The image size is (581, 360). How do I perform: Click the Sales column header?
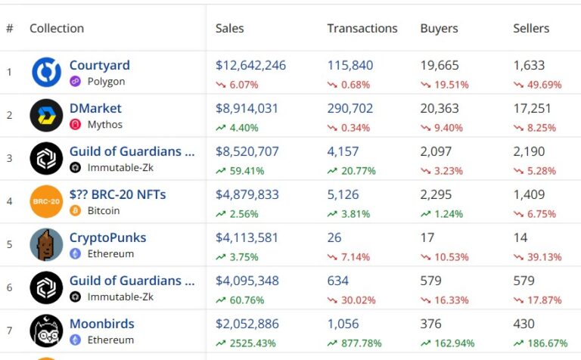coord(229,28)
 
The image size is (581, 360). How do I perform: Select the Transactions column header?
coord(362,28)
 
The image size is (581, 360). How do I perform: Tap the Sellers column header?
coord(531,28)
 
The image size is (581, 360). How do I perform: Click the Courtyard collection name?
coord(99,65)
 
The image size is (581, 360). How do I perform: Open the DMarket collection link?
coord(95,108)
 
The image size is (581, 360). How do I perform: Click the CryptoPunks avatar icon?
coord(46,244)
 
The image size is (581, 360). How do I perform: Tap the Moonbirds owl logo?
coord(46,331)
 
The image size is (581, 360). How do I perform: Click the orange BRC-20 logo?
coord(46,201)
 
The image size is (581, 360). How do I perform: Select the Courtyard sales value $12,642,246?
coord(250,65)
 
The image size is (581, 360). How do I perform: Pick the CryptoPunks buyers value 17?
coord(427,237)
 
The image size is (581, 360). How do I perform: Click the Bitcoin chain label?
coord(103,211)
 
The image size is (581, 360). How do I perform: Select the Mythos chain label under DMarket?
coord(104,125)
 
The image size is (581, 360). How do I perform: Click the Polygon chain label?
coord(106,82)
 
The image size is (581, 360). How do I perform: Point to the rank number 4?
coord(10,201)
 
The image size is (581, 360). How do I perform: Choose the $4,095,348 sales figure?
coord(247,281)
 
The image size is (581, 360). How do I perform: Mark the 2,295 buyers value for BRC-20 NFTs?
coord(436,194)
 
